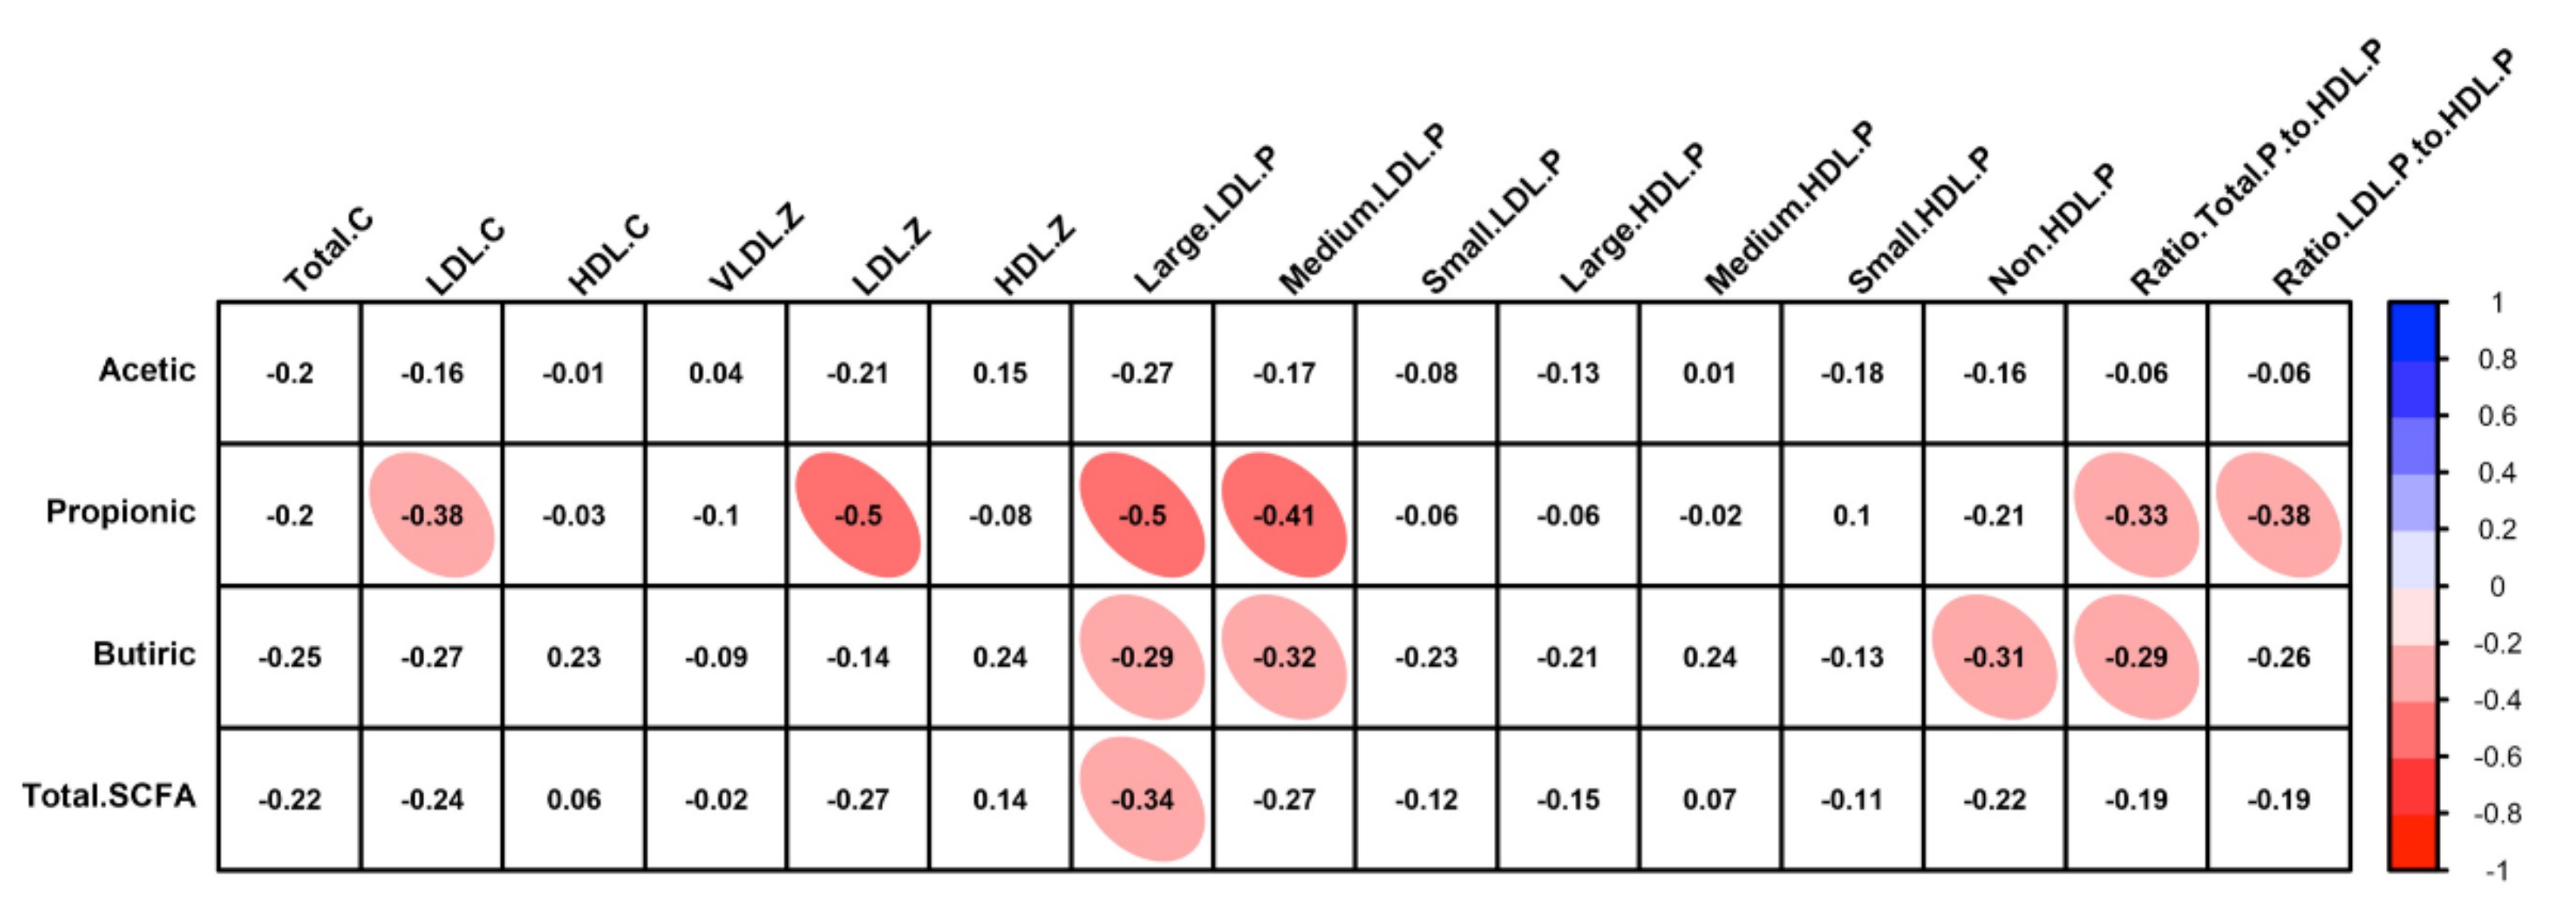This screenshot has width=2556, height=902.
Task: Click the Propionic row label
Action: (x=120, y=512)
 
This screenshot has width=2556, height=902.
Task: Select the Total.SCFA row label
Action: (x=109, y=796)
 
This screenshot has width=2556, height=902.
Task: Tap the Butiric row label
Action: (x=144, y=654)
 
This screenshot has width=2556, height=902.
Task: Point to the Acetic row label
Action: (x=147, y=370)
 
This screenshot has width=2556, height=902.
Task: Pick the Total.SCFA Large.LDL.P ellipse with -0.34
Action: (x=1142, y=799)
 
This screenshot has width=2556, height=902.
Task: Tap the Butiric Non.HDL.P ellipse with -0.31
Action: (x=1994, y=657)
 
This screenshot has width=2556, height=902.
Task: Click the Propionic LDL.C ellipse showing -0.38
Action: (x=431, y=515)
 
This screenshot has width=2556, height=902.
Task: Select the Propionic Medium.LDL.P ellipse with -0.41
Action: (x=1284, y=515)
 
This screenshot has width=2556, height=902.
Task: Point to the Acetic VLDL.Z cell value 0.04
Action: (x=716, y=373)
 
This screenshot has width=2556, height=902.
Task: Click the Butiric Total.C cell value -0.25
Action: (x=290, y=657)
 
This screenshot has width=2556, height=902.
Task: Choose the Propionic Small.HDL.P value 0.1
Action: (x=1851, y=515)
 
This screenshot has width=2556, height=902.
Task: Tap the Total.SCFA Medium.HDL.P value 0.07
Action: (x=1709, y=799)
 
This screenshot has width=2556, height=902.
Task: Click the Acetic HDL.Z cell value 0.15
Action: (x=999, y=373)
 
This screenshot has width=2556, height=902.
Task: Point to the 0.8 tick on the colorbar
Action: (x=2496, y=358)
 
